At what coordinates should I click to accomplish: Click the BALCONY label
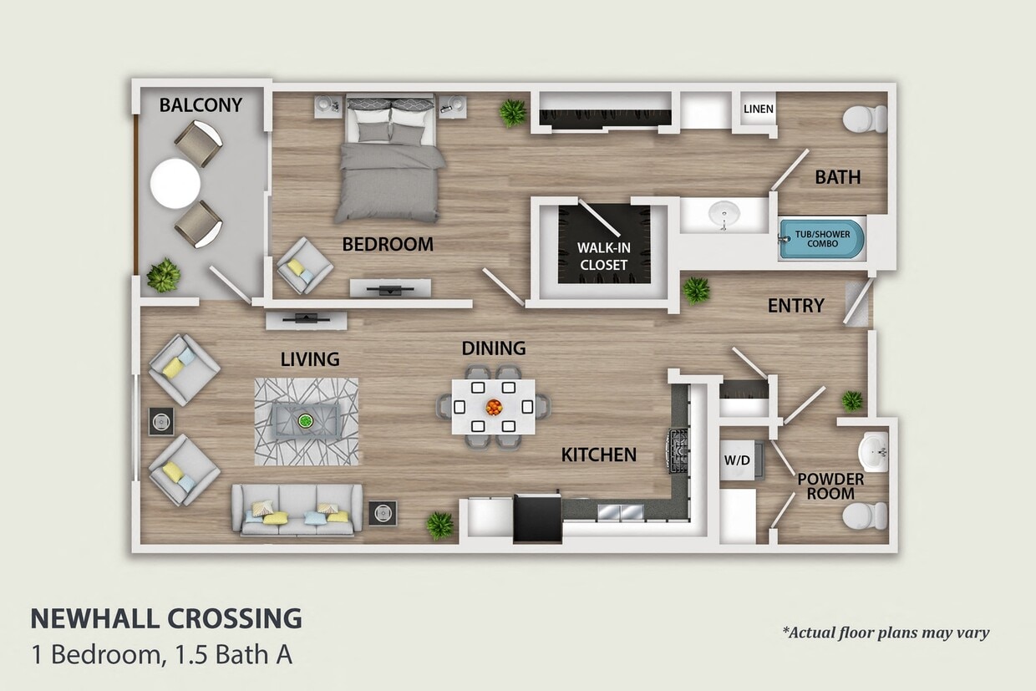click(x=201, y=105)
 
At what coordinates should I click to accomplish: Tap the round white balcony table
click(x=175, y=183)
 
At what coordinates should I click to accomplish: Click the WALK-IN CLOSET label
click(x=602, y=256)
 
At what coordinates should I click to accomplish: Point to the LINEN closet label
click(x=759, y=109)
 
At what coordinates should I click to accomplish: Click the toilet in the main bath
click(x=864, y=119)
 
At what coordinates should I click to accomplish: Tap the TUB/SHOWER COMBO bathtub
click(x=821, y=240)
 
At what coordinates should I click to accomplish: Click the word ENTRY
click(x=795, y=307)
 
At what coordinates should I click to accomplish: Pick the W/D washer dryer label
click(x=735, y=460)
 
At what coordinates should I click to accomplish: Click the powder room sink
click(x=874, y=453)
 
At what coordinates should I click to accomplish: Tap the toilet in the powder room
click(x=864, y=516)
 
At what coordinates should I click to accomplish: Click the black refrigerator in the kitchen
click(x=537, y=518)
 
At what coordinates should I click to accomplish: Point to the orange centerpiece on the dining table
click(x=494, y=407)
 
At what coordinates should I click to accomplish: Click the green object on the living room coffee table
click(x=306, y=420)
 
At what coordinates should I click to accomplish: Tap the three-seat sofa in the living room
click(x=297, y=510)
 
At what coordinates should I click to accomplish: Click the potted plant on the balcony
click(x=164, y=275)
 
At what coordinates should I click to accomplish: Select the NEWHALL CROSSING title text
click(x=166, y=619)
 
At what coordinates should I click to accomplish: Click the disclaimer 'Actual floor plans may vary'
click(x=886, y=633)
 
